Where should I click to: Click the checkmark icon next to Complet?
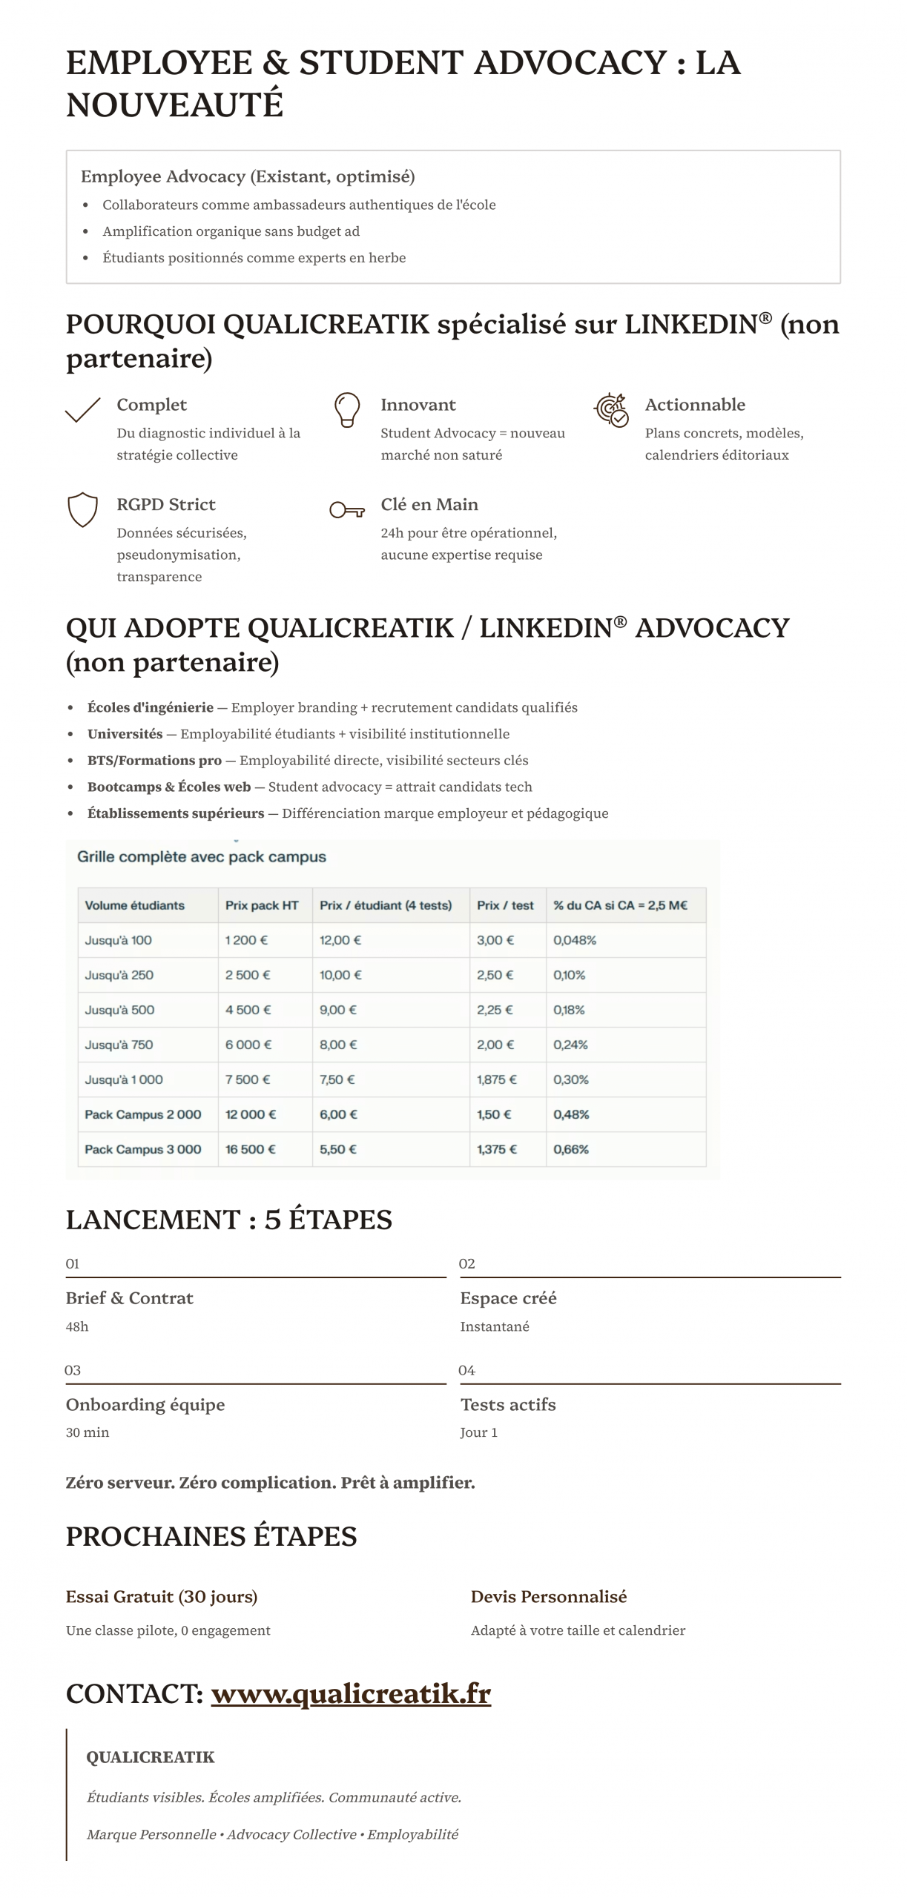(82, 409)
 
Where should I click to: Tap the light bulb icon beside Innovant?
(346, 409)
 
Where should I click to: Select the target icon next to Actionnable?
(611, 409)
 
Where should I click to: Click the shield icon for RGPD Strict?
(82, 509)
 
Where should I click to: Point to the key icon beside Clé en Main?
(346, 509)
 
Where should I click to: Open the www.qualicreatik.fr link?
(351, 1693)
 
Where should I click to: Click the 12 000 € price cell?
(251, 1114)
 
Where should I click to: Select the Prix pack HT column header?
(262, 905)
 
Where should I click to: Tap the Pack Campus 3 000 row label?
(143, 1149)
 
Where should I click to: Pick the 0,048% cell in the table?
(575, 940)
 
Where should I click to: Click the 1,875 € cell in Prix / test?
(496, 1079)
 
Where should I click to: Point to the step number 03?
(73, 1370)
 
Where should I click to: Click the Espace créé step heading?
(508, 1298)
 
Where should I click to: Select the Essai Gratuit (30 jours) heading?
(162, 1596)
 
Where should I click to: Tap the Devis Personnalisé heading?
(549, 1596)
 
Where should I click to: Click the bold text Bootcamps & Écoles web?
(169, 787)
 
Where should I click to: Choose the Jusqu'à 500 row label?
(119, 1010)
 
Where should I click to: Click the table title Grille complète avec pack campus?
(202, 856)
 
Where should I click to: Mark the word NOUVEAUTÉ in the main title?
(175, 105)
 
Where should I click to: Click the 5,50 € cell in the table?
(338, 1149)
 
